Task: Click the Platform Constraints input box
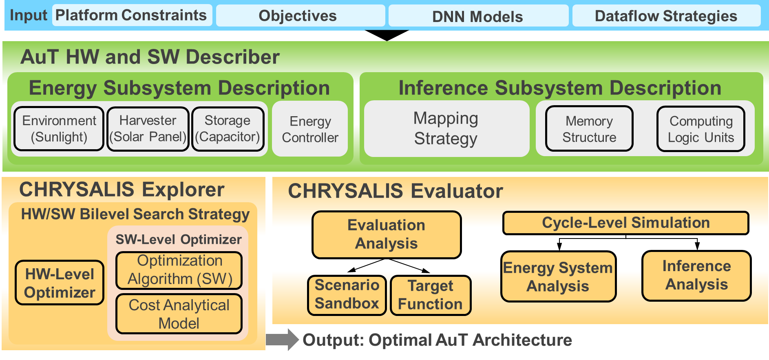click(132, 15)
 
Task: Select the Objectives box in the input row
click(300, 16)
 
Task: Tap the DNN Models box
click(478, 16)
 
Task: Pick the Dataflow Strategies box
click(666, 16)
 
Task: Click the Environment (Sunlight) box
click(59, 129)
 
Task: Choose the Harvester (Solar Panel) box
click(148, 129)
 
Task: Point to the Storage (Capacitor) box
click(228, 129)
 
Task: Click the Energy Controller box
click(310, 129)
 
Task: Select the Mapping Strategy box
click(446, 128)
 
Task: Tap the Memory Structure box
click(589, 129)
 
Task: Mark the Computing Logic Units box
click(700, 129)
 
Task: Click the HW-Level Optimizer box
click(60, 283)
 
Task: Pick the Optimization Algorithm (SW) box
click(179, 270)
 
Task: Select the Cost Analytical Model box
click(179, 314)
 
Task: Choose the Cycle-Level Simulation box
click(625, 223)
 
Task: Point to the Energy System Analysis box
click(558, 277)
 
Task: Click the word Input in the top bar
click(29, 15)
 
